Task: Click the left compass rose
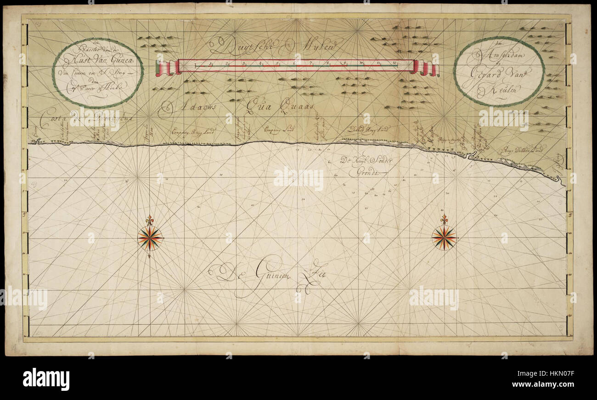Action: tap(150, 238)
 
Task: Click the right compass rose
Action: tap(444, 237)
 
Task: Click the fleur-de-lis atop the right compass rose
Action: tap(444, 219)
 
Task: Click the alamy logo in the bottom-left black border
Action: tap(46, 379)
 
